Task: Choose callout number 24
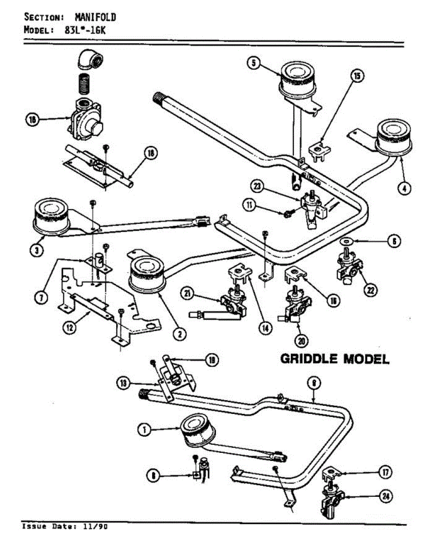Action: click(386, 496)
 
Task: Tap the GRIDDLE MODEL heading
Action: click(335, 359)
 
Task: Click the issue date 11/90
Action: click(96, 527)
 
